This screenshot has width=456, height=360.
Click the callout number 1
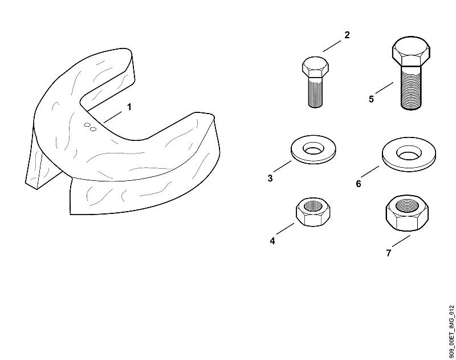click(129, 107)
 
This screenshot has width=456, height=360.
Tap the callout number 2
click(347, 35)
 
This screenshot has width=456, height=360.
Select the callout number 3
click(270, 178)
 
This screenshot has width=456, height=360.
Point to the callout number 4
click(272, 241)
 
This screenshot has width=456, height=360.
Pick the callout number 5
click(371, 99)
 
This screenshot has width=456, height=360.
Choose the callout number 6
click(359, 184)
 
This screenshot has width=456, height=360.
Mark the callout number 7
click(389, 253)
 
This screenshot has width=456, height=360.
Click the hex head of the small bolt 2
click(316, 67)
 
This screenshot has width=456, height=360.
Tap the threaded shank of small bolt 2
click(316, 92)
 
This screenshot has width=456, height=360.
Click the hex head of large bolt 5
click(411, 51)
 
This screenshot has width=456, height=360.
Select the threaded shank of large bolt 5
click(411, 88)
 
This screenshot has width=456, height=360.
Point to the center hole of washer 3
click(313, 148)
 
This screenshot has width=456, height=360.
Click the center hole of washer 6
click(409, 153)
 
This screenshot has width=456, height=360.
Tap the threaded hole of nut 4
click(313, 206)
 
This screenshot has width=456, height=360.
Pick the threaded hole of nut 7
click(408, 207)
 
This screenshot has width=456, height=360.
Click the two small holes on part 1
click(90, 127)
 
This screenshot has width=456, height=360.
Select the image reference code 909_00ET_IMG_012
click(451, 331)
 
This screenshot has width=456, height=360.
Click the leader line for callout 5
click(384, 88)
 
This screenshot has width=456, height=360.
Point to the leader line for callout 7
click(401, 241)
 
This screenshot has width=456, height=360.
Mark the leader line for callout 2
click(332, 46)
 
